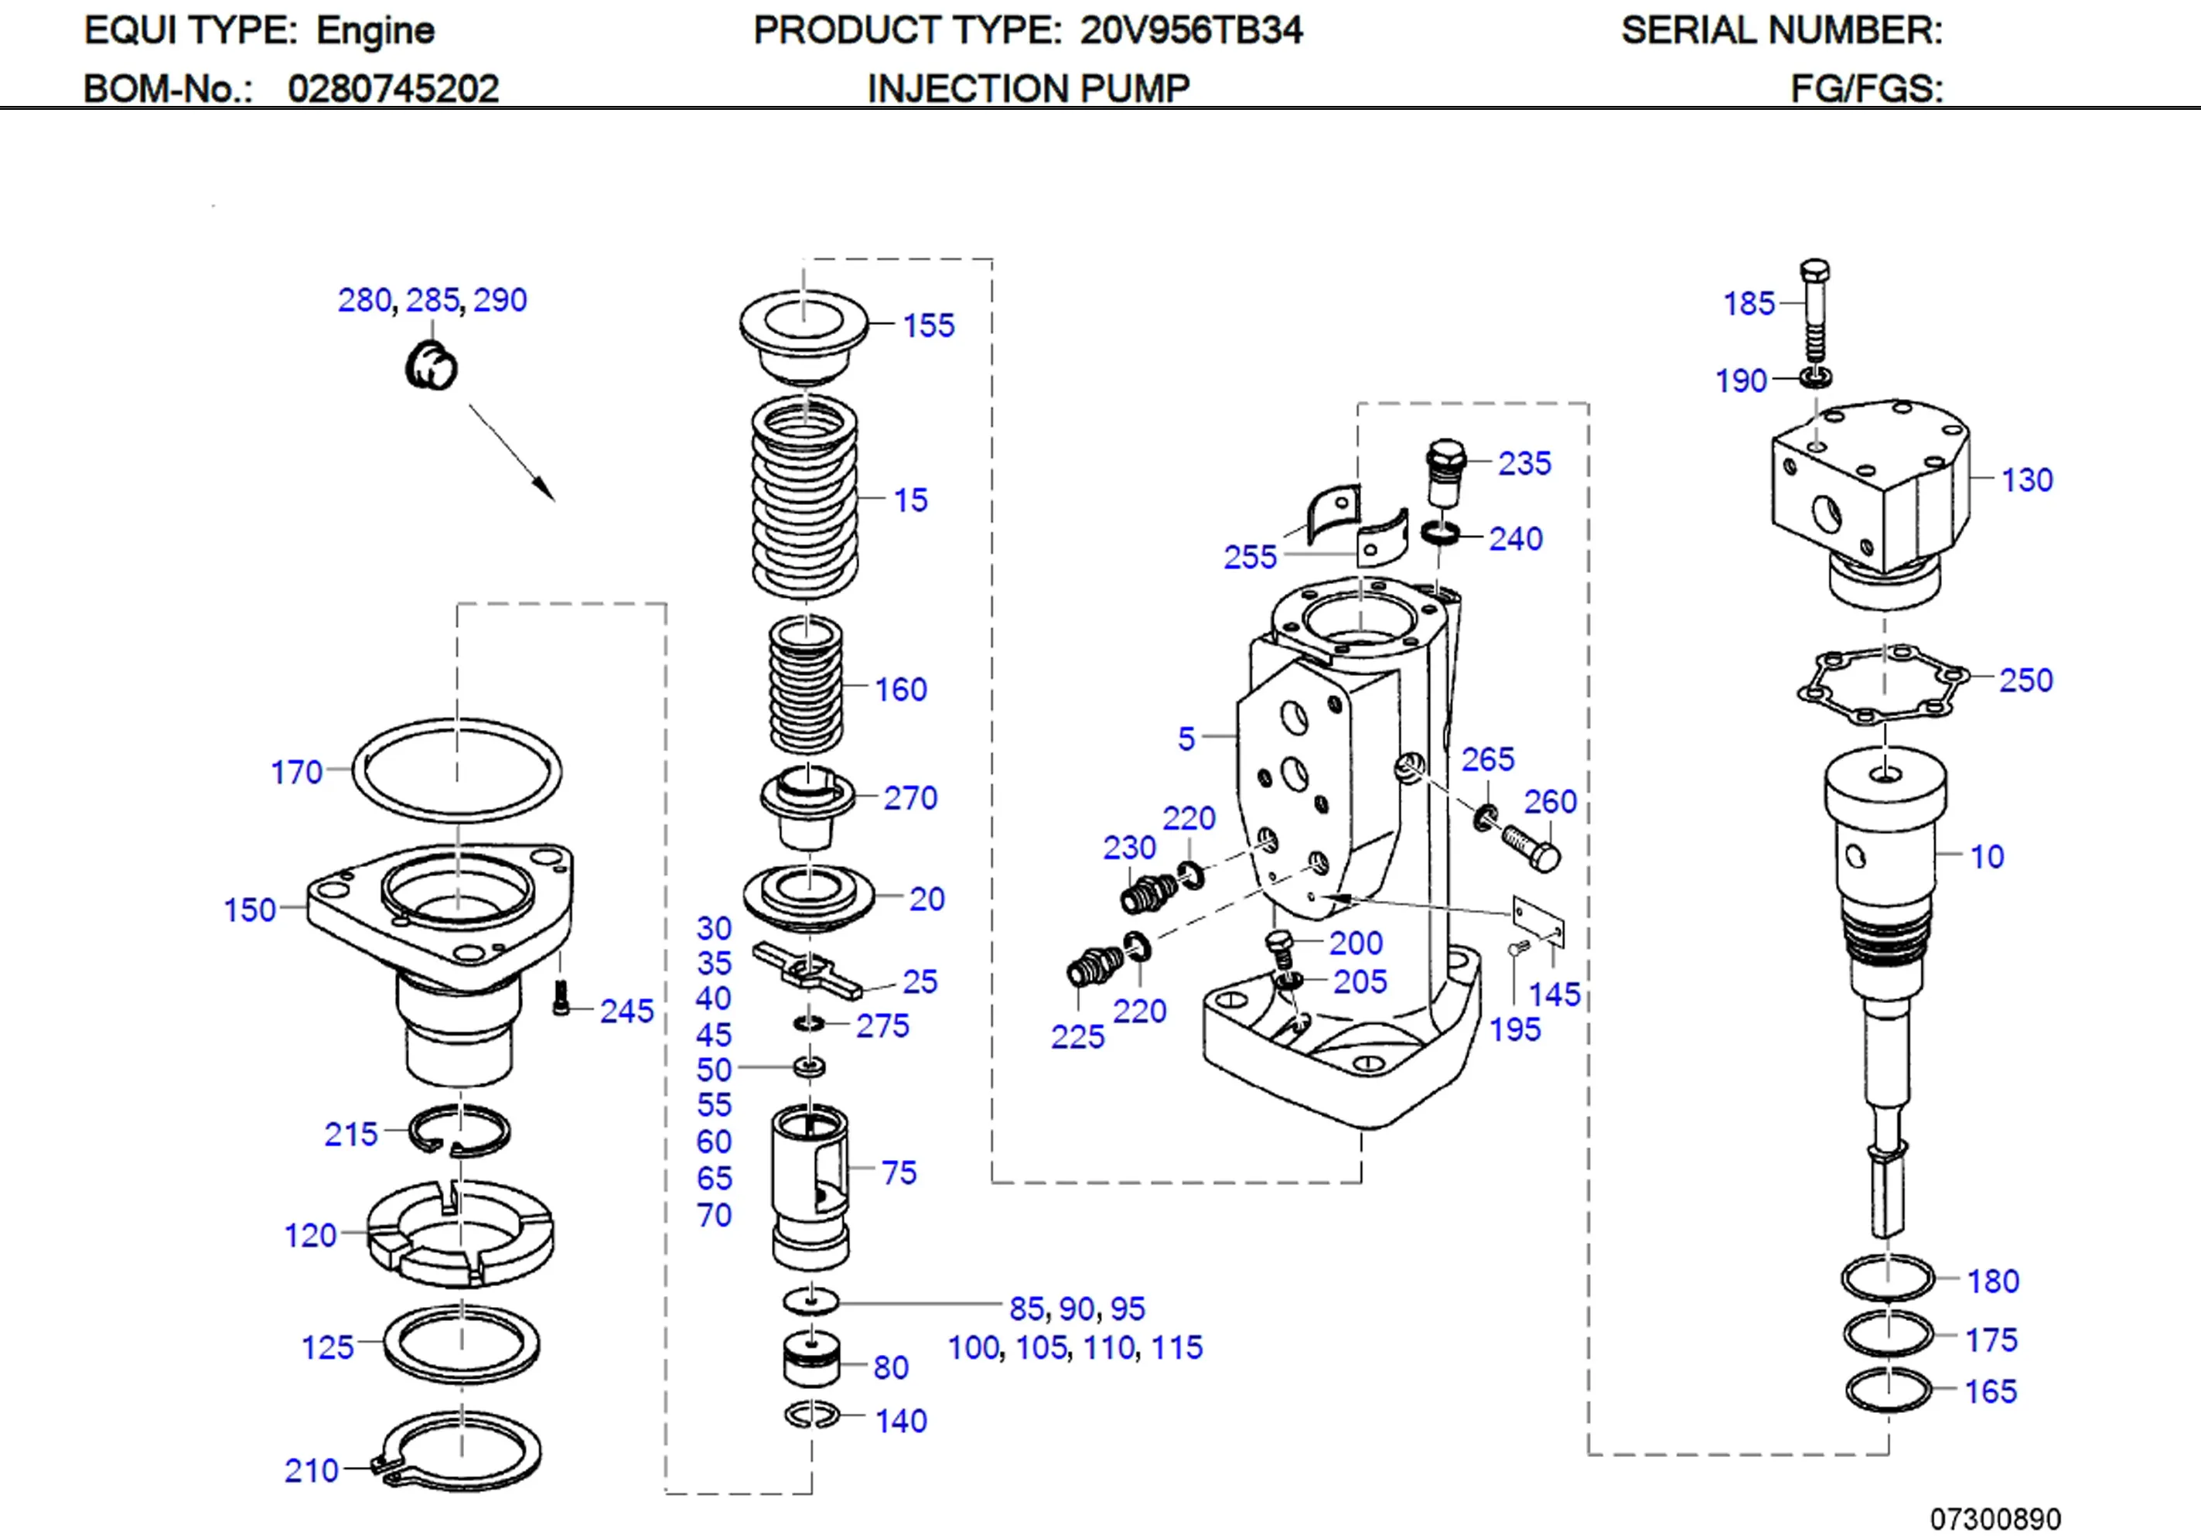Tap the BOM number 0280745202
393,88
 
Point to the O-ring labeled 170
456,770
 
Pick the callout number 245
626,1011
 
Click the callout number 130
2026,479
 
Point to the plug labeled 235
1446,472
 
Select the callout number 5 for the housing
1186,739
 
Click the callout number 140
900,1420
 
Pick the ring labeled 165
1886,1391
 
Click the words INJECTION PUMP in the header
1028,88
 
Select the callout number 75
898,1172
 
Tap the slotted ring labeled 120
460,1234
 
